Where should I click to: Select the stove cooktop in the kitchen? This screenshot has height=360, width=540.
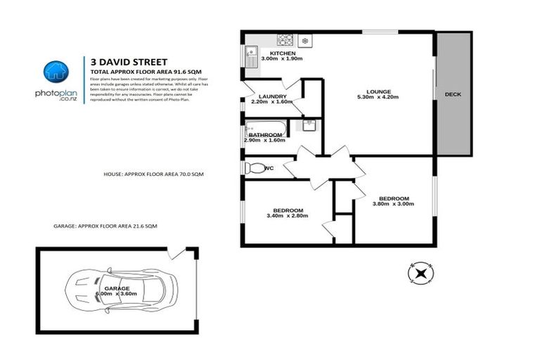point(285,39)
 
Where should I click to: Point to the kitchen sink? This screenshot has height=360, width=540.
point(251,51)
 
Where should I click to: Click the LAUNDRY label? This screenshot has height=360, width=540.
point(271,96)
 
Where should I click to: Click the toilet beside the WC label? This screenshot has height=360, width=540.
point(252,169)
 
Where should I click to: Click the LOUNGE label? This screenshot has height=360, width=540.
point(378,91)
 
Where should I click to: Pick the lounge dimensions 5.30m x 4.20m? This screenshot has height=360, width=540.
point(378,97)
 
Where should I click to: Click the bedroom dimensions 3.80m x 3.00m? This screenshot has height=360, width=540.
point(393,205)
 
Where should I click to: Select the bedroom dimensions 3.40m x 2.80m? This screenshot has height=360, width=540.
point(288,216)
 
